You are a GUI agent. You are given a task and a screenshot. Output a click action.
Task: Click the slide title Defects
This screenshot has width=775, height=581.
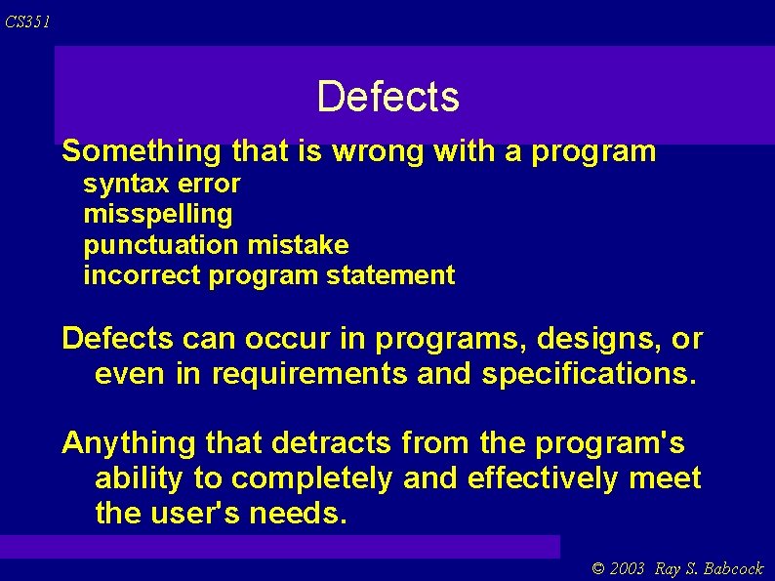point(387,97)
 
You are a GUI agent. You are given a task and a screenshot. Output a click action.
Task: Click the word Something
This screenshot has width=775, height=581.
point(143,151)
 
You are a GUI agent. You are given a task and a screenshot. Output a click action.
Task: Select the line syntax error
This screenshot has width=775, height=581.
point(162,184)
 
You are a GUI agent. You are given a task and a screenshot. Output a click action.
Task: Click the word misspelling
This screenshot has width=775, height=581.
point(158,214)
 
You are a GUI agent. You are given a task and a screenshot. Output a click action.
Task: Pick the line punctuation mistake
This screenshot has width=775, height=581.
point(216,244)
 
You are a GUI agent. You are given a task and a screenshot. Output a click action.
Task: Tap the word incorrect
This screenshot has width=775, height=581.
point(143,275)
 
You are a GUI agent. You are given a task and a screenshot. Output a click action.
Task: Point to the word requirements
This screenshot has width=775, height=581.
point(307,374)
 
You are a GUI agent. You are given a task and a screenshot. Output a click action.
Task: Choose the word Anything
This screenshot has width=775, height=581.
point(128,444)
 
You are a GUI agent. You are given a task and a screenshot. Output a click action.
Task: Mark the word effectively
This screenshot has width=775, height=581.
point(543,478)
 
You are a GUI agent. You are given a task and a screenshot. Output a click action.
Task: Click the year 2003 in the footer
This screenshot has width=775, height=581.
point(629,568)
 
